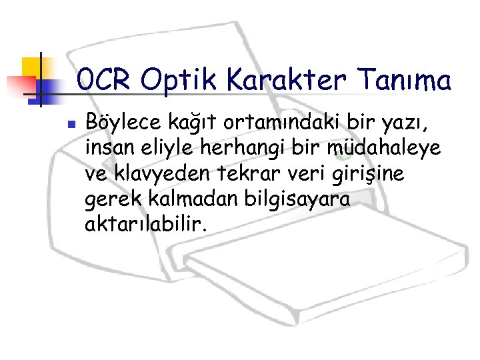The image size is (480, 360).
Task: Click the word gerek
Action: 107,201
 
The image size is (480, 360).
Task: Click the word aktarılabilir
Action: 146,225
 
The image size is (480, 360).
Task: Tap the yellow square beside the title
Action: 31,67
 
